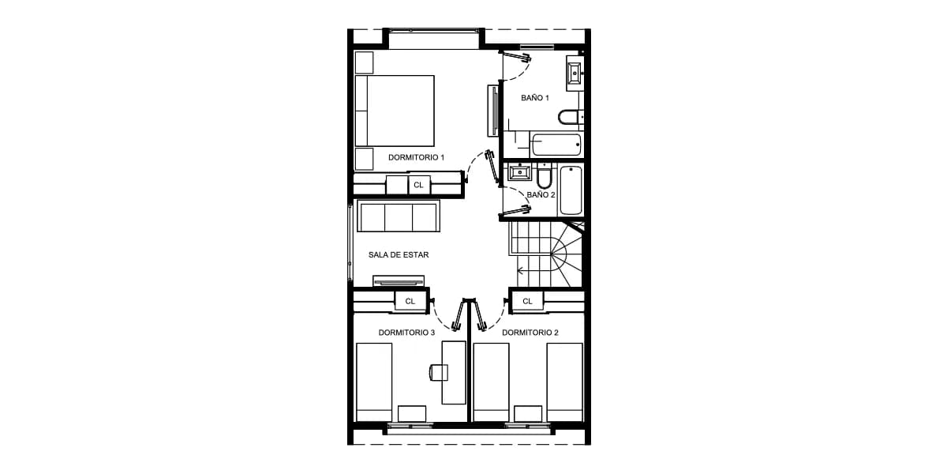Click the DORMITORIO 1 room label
click(416, 157)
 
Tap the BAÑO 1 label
click(535, 98)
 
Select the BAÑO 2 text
click(541, 194)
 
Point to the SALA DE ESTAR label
click(399, 254)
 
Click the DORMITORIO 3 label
click(406, 333)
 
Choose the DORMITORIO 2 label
click(530, 333)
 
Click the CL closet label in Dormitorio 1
click(418, 185)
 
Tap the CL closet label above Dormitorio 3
click(410, 301)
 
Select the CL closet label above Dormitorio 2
click(527, 301)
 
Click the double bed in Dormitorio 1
click(395, 111)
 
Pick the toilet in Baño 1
click(571, 117)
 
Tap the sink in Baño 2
click(519, 172)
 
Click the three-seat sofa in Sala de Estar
click(399, 216)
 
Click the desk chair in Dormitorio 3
click(439, 372)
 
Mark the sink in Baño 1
click(575, 73)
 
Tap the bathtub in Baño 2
click(571, 190)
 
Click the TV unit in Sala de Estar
click(399, 281)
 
